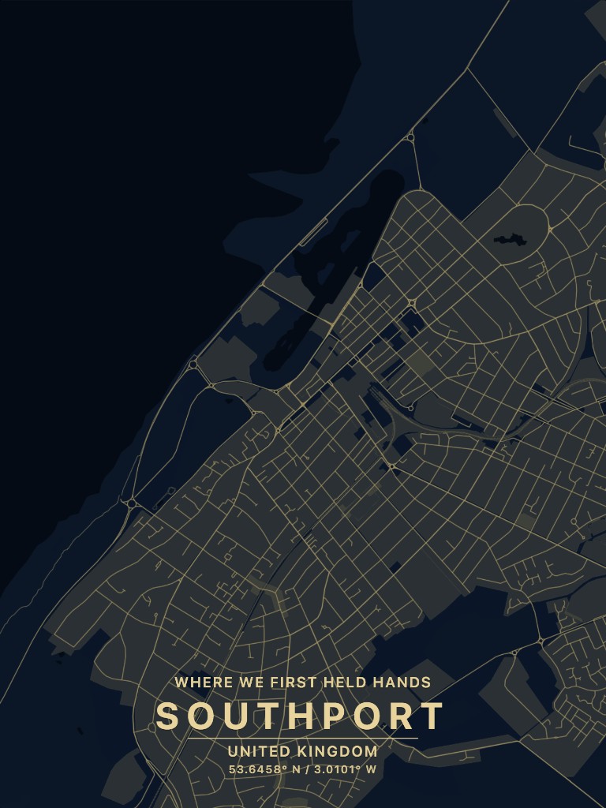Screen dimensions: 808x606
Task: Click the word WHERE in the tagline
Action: [x=197, y=683]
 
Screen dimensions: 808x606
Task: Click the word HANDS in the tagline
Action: [x=405, y=683]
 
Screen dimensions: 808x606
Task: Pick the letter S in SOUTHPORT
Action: [x=167, y=716]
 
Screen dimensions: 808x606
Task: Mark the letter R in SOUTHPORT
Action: [x=398, y=716]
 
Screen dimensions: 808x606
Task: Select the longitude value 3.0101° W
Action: [x=344, y=769]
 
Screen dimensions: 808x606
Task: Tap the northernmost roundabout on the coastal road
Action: [x=410, y=138]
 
